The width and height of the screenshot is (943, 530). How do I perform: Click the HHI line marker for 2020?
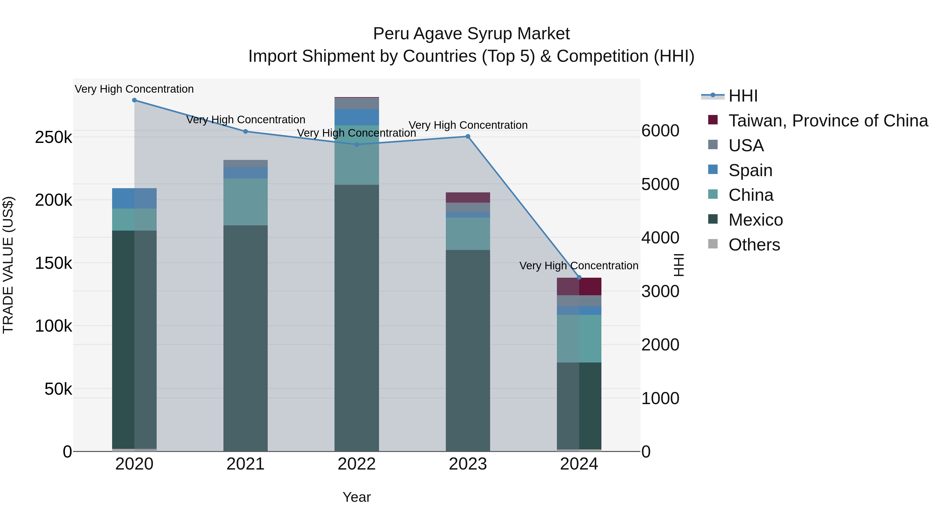click(134, 100)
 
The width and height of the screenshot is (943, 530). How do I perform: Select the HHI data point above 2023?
click(468, 136)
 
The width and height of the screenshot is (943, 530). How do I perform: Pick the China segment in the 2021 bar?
click(245, 202)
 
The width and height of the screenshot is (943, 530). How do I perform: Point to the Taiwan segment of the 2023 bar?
click(468, 198)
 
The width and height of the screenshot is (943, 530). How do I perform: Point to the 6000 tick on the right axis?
click(660, 131)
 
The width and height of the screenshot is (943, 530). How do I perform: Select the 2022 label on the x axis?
click(357, 464)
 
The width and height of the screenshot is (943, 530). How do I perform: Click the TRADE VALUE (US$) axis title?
click(8, 265)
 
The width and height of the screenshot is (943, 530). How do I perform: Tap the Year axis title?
click(357, 497)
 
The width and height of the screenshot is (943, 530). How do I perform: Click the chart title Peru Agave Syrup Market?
click(471, 34)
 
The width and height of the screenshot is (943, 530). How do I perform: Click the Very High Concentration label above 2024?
click(578, 266)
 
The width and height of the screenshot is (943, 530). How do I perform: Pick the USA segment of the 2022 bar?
click(357, 103)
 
